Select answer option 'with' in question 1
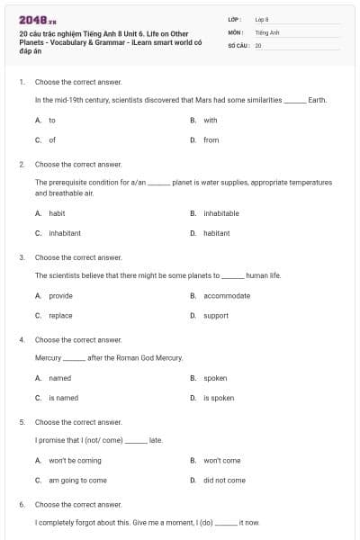click(x=210, y=120)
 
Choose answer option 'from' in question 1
click(x=211, y=139)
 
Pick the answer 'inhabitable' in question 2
click(x=220, y=213)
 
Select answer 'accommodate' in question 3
click(x=227, y=295)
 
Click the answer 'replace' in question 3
click(x=60, y=315)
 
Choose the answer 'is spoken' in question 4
click(x=219, y=398)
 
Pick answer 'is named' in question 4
click(x=64, y=398)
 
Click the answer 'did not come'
click(x=224, y=480)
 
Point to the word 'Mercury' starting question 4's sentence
click(x=48, y=357)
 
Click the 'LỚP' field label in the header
click(x=235, y=19)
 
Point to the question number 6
click(x=22, y=504)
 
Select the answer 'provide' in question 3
click(x=60, y=295)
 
